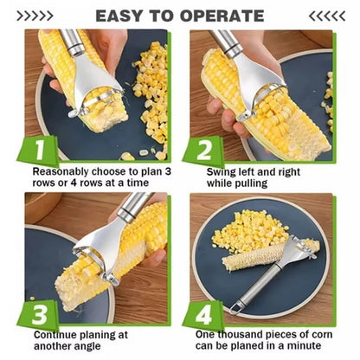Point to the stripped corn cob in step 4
255,257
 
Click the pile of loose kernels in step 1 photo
151,95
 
